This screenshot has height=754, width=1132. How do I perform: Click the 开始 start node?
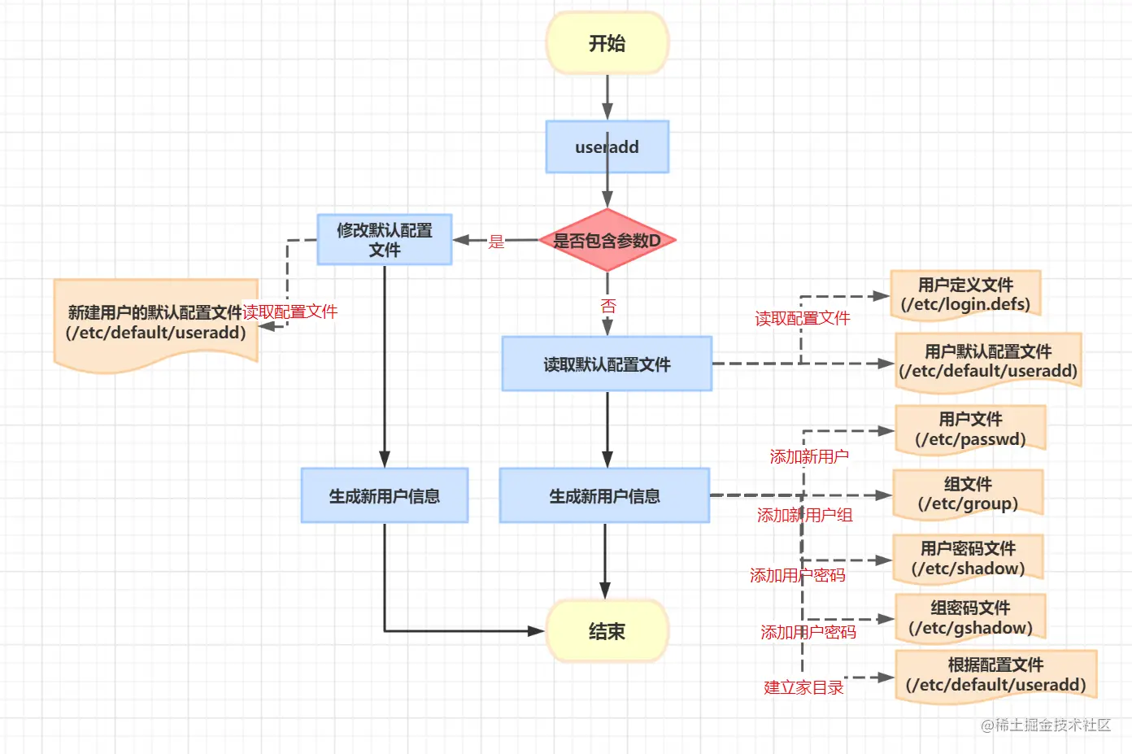tap(607, 43)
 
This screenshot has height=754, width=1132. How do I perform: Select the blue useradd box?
tap(607, 147)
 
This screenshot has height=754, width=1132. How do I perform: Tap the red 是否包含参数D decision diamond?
tap(607, 241)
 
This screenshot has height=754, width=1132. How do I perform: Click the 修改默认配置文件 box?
tap(384, 240)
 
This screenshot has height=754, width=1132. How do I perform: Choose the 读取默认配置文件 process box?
tap(607, 364)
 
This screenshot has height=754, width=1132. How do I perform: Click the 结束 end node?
tap(607, 631)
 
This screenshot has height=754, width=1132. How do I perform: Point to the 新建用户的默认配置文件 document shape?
tap(155, 323)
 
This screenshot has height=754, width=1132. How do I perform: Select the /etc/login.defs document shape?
tap(965, 294)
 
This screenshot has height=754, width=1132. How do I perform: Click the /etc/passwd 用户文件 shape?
tap(969, 429)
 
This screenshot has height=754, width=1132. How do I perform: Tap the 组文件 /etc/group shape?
tap(968, 494)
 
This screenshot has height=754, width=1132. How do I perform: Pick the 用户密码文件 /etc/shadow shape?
tap(968, 559)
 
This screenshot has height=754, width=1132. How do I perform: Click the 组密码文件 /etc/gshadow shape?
tap(970, 618)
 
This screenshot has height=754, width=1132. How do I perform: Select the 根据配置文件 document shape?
tap(995, 675)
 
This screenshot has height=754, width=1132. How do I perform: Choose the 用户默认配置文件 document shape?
tap(988, 362)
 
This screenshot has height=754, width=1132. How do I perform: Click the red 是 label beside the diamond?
tap(496, 242)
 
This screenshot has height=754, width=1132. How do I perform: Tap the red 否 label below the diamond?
tap(607, 306)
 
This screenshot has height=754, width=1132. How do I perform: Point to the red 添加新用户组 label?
tap(804, 515)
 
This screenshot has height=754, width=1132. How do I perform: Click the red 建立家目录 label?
tap(803, 687)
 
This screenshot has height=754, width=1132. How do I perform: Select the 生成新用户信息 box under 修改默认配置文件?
tap(384, 495)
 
